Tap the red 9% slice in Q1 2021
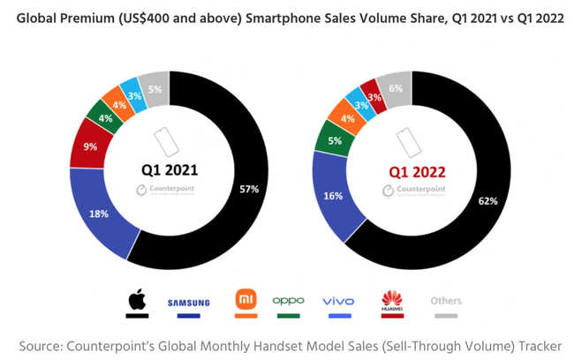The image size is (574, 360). (x=89, y=147)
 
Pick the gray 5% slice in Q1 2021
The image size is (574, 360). (x=154, y=87)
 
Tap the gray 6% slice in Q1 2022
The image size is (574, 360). (x=396, y=89)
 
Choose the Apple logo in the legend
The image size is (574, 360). (x=136, y=300)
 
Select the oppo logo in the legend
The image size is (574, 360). (x=288, y=301)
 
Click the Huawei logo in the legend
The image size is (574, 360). (x=391, y=300)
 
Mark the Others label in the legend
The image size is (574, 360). (x=446, y=301)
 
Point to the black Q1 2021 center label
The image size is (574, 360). (x=170, y=169)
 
